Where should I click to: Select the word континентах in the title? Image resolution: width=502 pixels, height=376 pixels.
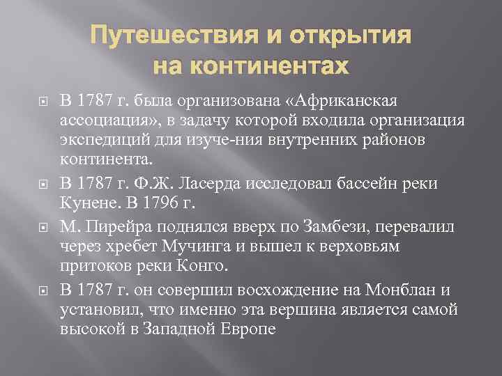(268, 66)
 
